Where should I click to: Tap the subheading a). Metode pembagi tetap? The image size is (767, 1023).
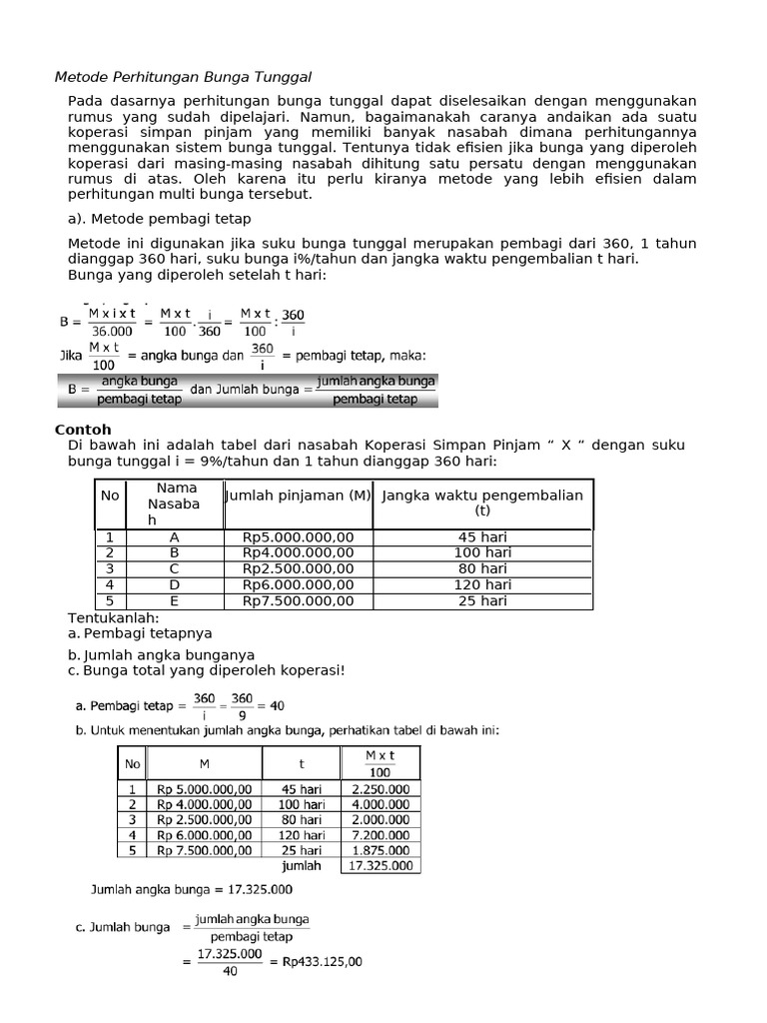pyautogui.click(x=160, y=218)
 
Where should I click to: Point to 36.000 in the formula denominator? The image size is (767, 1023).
pyautogui.click(x=111, y=331)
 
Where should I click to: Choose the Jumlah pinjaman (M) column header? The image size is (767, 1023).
pyautogui.click(x=299, y=496)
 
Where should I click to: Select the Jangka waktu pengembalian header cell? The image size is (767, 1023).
pyautogui.click(x=482, y=503)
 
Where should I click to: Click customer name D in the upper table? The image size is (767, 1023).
pyautogui.click(x=174, y=584)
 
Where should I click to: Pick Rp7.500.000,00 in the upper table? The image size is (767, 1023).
pyautogui.click(x=298, y=600)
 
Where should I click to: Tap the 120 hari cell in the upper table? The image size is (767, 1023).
pyautogui.click(x=482, y=584)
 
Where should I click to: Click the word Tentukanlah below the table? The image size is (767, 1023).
pyautogui.click(x=113, y=617)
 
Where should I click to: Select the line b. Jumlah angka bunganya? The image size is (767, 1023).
pyautogui.click(x=161, y=654)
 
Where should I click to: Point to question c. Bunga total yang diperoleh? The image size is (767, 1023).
pyautogui.click(x=206, y=669)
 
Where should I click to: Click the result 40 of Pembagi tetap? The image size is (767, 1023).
pyautogui.click(x=277, y=705)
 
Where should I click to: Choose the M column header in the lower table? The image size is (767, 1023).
pyautogui.click(x=204, y=764)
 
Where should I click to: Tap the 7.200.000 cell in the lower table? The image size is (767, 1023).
pyautogui.click(x=380, y=835)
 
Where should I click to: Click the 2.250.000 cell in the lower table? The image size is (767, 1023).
pyautogui.click(x=380, y=789)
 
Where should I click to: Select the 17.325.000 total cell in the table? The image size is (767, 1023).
pyautogui.click(x=380, y=866)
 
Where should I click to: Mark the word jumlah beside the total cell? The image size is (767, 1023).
pyautogui.click(x=302, y=866)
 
